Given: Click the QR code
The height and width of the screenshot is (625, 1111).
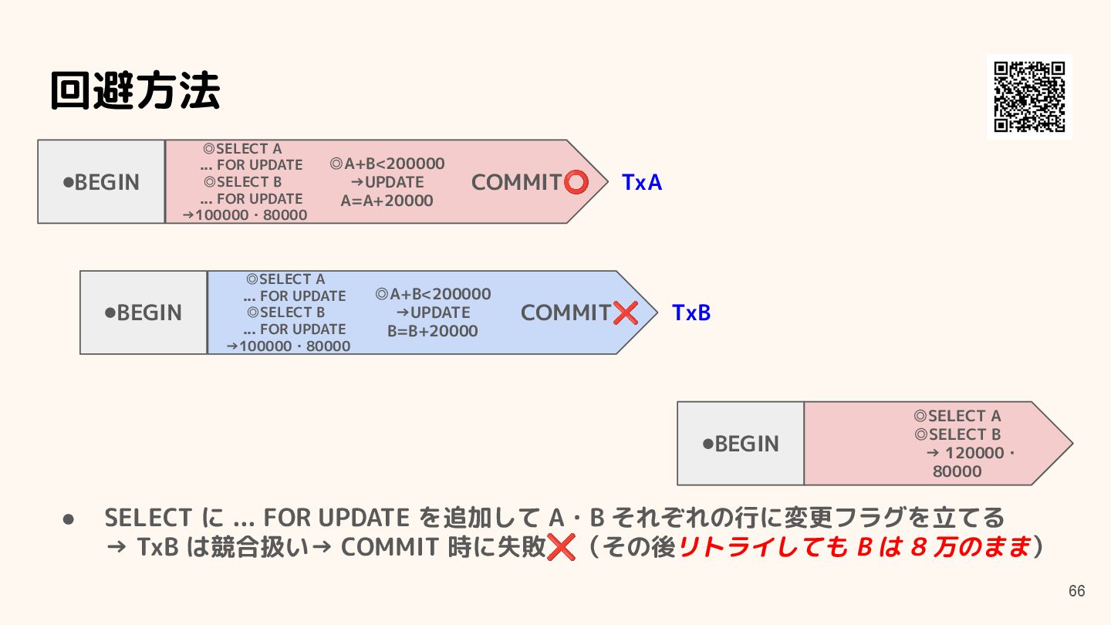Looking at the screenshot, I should (x=1029, y=96).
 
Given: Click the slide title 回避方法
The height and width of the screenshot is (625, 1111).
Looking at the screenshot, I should (x=135, y=91).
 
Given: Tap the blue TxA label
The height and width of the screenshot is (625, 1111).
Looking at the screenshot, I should (x=642, y=183).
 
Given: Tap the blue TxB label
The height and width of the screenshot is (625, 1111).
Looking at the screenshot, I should (x=691, y=313).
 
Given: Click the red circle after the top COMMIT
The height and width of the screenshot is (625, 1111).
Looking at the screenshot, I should (x=576, y=182).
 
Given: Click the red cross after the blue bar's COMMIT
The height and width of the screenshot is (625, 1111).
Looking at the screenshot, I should (x=626, y=312).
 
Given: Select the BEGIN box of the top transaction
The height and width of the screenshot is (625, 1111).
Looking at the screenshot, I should (x=101, y=182).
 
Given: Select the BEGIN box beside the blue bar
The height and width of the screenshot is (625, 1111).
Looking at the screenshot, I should (x=144, y=312).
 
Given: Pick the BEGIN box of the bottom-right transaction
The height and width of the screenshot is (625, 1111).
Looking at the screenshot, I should (x=741, y=444).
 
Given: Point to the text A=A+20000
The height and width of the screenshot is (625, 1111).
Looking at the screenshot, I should (x=387, y=201).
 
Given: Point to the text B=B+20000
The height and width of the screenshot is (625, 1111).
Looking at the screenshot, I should (x=432, y=331).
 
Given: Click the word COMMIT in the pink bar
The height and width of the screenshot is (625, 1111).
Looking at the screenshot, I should (x=516, y=183).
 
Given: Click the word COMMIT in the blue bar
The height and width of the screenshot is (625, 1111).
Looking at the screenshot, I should (x=566, y=313).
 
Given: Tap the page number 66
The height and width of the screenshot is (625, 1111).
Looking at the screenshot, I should (x=1076, y=592).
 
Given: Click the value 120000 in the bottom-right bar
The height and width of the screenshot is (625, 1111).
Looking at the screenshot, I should (x=975, y=453).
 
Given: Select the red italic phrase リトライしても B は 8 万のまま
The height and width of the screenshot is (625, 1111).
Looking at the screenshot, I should (x=855, y=547).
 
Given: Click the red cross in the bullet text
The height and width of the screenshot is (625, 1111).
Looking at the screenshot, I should (x=561, y=548).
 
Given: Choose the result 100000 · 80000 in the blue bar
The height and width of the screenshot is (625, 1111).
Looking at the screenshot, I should (x=289, y=346).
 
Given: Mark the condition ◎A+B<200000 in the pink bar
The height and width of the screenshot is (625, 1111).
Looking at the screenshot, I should (x=387, y=164).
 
